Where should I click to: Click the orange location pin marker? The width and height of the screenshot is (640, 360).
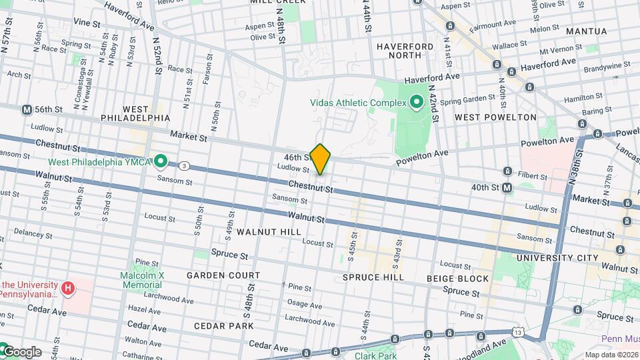point(321,159)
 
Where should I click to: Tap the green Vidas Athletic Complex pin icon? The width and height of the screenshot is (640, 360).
point(417,102)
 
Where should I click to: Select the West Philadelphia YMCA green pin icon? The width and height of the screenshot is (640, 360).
point(161,161)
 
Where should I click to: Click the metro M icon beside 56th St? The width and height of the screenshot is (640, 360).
point(27,109)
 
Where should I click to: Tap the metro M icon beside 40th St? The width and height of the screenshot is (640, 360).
point(507,188)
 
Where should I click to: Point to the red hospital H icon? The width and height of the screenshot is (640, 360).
point(67,288)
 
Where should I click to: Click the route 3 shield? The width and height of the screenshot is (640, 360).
point(183,165)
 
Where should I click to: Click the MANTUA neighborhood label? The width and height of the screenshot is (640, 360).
point(586,31)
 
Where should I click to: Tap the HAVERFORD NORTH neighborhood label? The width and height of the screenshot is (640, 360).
point(405,51)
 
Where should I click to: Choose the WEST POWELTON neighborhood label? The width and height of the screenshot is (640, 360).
point(495,117)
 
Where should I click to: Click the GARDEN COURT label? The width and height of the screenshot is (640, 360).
point(223,275)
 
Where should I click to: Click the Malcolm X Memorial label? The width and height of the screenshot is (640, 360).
point(141,280)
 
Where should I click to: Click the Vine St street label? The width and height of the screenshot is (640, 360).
point(87,23)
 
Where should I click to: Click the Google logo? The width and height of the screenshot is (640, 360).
point(21,351)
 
